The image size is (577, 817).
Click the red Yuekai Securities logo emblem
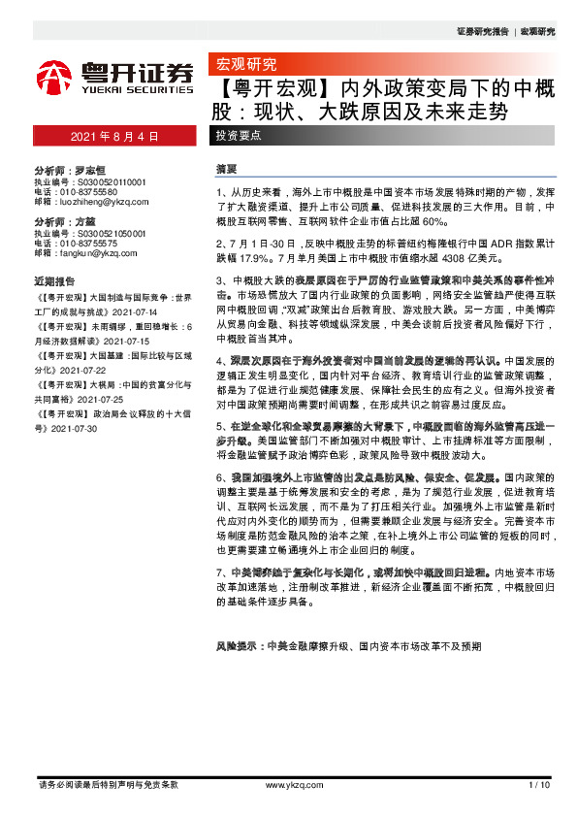[x=52, y=77]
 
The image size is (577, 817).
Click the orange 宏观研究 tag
[x=242, y=66]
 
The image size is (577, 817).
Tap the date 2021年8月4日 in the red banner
[x=114, y=136]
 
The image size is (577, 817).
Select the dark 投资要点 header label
[x=238, y=136]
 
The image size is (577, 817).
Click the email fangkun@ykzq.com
[x=92, y=252]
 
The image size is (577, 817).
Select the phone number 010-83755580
[x=91, y=191]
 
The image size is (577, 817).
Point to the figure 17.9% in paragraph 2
[x=256, y=259]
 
